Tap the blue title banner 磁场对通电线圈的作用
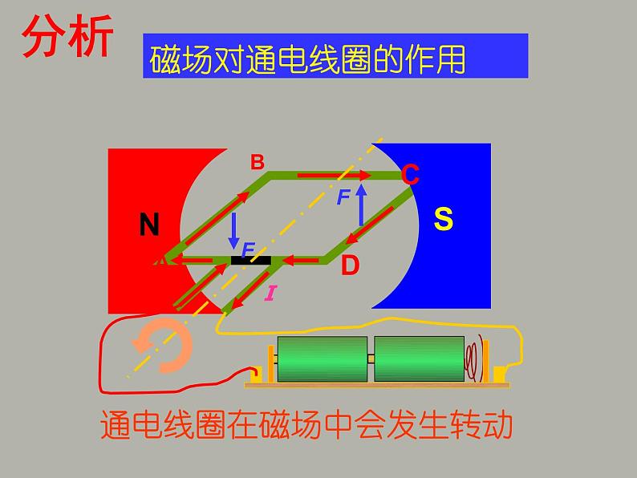click(x=335, y=56)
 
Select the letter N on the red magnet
click(x=149, y=225)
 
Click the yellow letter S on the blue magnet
click(x=444, y=219)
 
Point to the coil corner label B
click(x=257, y=163)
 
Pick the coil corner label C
click(x=410, y=174)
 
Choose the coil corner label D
click(x=350, y=265)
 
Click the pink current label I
click(x=270, y=294)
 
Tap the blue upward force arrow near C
click(x=361, y=205)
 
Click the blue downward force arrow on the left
click(x=234, y=230)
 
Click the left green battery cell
click(x=321, y=361)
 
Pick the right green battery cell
click(x=419, y=361)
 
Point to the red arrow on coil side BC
click(x=333, y=174)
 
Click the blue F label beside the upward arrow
click(x=343, y=196)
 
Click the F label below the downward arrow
click(x=248, y=251)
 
